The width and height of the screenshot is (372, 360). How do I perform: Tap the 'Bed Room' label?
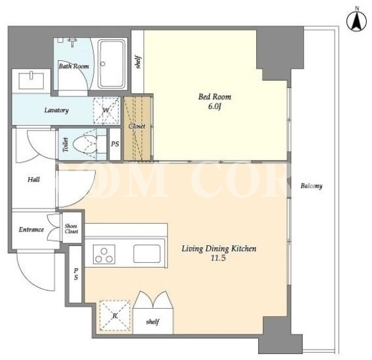[214, 96]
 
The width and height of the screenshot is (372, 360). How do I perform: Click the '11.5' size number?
[218, 258]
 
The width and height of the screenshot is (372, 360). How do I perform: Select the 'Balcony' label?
[311, 186]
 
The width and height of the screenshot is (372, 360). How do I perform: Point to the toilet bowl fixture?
[85, 144]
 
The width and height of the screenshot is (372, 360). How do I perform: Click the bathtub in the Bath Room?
[111, 64]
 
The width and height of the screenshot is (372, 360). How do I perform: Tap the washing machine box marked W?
[106, 110]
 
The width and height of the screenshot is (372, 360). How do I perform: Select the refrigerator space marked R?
[115, 315]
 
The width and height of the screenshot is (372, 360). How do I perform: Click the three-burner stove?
[104, 254]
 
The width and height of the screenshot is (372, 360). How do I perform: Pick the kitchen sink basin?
[147, 254]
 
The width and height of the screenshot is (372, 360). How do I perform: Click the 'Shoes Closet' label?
[71, 229]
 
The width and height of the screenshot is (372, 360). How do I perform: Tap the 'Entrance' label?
[31, 230]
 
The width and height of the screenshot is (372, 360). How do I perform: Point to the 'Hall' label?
[33, 180]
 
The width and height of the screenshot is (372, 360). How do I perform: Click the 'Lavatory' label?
[56, 110]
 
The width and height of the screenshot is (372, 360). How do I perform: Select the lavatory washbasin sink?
[31, 81]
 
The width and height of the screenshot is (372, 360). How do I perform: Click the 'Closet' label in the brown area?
[137, 126]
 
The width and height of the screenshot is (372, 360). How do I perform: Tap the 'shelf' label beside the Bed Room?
[138, 62]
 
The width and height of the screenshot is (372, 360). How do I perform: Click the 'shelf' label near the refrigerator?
[153, 322]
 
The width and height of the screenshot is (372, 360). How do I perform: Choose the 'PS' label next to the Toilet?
[115, 144]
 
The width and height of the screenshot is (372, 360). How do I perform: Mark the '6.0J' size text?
[214, 107]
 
